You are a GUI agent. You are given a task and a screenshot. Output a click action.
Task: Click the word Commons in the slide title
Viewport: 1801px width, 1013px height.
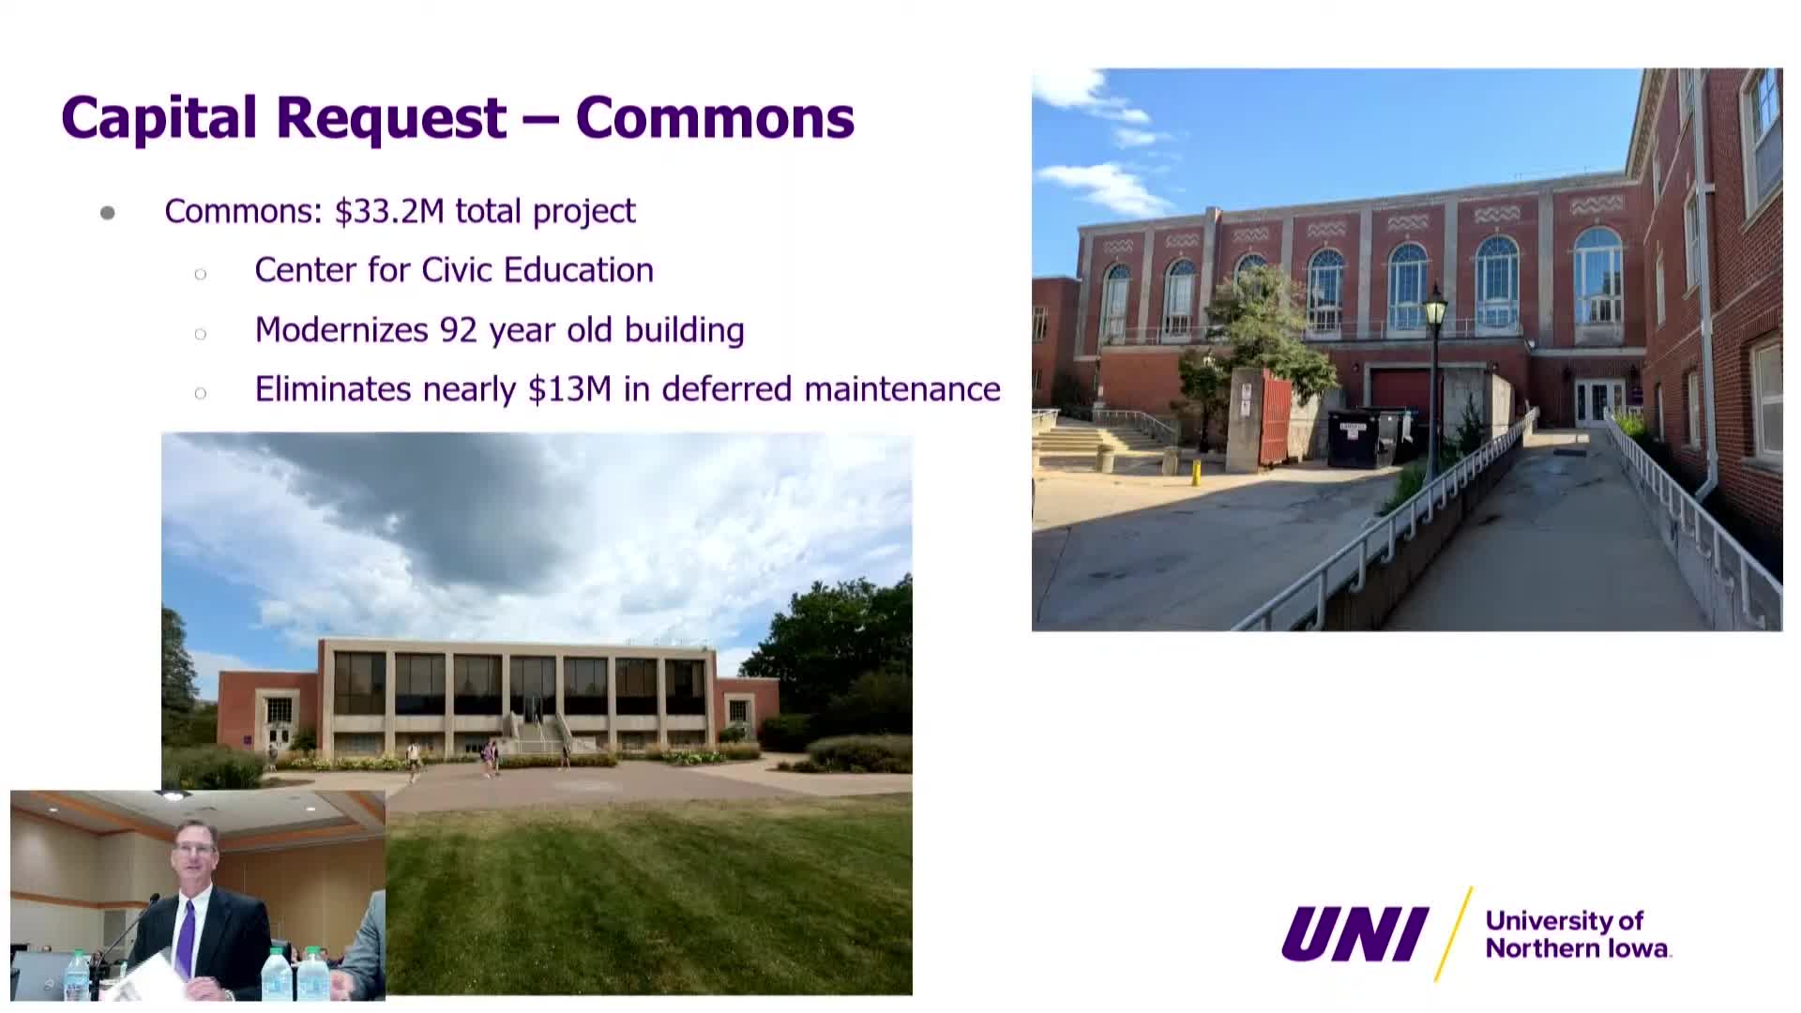click(715, 118)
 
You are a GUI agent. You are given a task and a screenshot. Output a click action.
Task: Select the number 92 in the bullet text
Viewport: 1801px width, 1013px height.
click(459, 330)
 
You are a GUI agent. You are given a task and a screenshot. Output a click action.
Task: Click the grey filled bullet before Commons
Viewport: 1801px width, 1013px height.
click(108, 213)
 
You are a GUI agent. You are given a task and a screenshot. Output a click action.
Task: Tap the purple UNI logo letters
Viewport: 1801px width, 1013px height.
click(1355, 934)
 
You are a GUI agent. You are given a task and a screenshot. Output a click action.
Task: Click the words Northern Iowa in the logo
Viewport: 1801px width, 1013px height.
click(1578, 948)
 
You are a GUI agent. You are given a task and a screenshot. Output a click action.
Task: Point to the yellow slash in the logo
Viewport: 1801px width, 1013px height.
click(1453, 934)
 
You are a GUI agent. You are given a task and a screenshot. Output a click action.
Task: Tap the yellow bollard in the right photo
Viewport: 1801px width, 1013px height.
click(1196, 472)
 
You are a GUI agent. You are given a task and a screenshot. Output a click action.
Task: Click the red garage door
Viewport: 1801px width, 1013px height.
click(1400, 390)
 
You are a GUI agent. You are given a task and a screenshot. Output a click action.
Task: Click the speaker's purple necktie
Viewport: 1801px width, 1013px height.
click(186, 938)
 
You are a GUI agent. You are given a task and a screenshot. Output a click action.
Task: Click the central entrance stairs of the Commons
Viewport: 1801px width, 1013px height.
click(537, 736)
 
